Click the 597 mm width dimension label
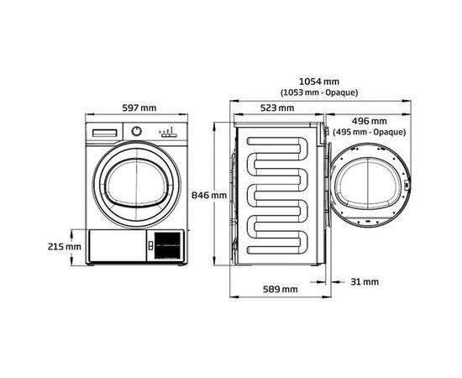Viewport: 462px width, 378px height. pyautogui.click(x=138, y=108)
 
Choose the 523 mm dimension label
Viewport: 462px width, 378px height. pyautogui.click(x=277, y=108)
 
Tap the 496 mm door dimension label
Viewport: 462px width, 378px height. pyautogui.click(x=370, y=121)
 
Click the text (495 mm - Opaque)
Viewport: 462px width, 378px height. pyautogui.click(x=369, y=132)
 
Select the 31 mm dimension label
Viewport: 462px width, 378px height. pyautogui.click(x=365, y=281)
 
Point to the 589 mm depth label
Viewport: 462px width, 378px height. pyautogui.click(x=280, y=289)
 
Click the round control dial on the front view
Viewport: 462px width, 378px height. pyautogui.click(x=137, y=132)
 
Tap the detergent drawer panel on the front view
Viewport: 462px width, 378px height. pyautogui.click(x=105, y=133)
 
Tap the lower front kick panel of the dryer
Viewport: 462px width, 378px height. pyautogui.click(x=118, y=246)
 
